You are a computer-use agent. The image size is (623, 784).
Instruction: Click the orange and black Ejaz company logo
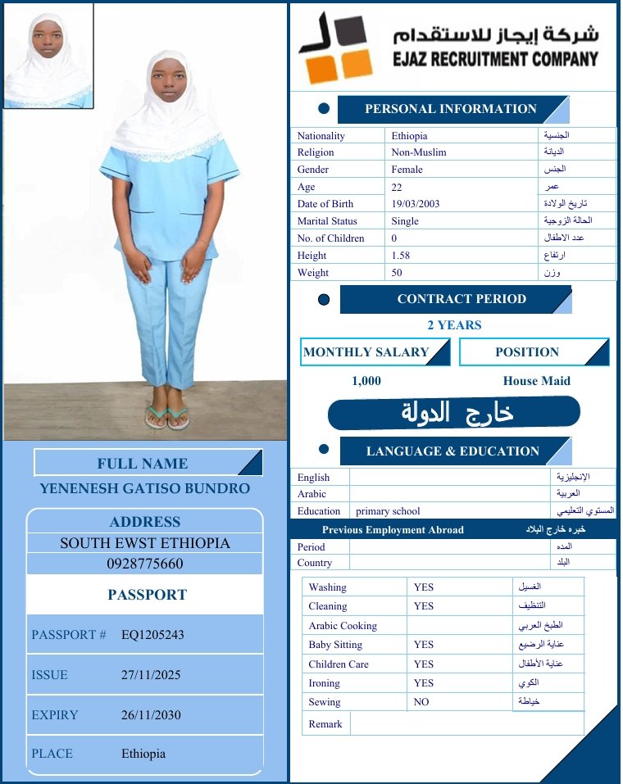click(x=334, y=48)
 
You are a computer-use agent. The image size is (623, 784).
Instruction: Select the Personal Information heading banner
click(x=451, y=109)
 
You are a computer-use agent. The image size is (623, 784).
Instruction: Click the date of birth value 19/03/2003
click(x=416, y=204)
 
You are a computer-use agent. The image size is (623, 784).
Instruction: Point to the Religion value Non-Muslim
click(x=419, y=152)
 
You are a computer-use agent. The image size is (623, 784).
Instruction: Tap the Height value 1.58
click(x=401, y=256)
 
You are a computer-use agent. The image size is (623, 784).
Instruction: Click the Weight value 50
click(x=397, y=273)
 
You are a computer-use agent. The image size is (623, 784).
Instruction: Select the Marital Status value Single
click(x=405, y=221)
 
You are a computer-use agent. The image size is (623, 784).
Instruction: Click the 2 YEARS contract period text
click(x=454, y=325)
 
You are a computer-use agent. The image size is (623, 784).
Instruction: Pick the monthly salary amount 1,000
click(x=366, y=381)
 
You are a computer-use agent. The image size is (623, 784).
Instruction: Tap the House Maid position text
click(x=536, y=381)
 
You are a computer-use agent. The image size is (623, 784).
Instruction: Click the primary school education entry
click(x=388, y=511)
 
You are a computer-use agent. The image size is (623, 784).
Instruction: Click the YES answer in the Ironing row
click(x=424, y=683)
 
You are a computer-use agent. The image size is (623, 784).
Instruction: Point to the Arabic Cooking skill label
click(x=343, y=626)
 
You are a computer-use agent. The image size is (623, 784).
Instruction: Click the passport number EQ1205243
click(x=152, y=635)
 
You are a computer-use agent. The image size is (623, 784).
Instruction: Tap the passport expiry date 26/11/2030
click(x=151, y=715)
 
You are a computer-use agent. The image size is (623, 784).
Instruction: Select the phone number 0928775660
click(x=145, y=564)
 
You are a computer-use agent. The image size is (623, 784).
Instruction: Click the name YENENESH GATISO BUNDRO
click(x=145, y=489)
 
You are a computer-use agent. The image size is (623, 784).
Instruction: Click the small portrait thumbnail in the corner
click(x=48, y=56)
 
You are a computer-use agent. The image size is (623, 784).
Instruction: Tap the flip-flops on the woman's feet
click(x=167, y=417)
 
